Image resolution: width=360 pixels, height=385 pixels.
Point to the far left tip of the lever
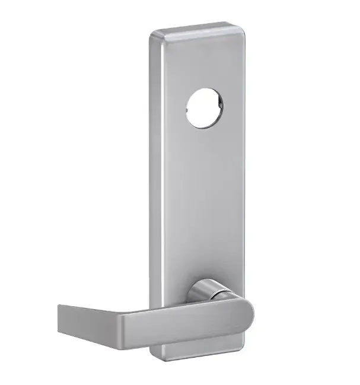[x=59, y=308]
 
